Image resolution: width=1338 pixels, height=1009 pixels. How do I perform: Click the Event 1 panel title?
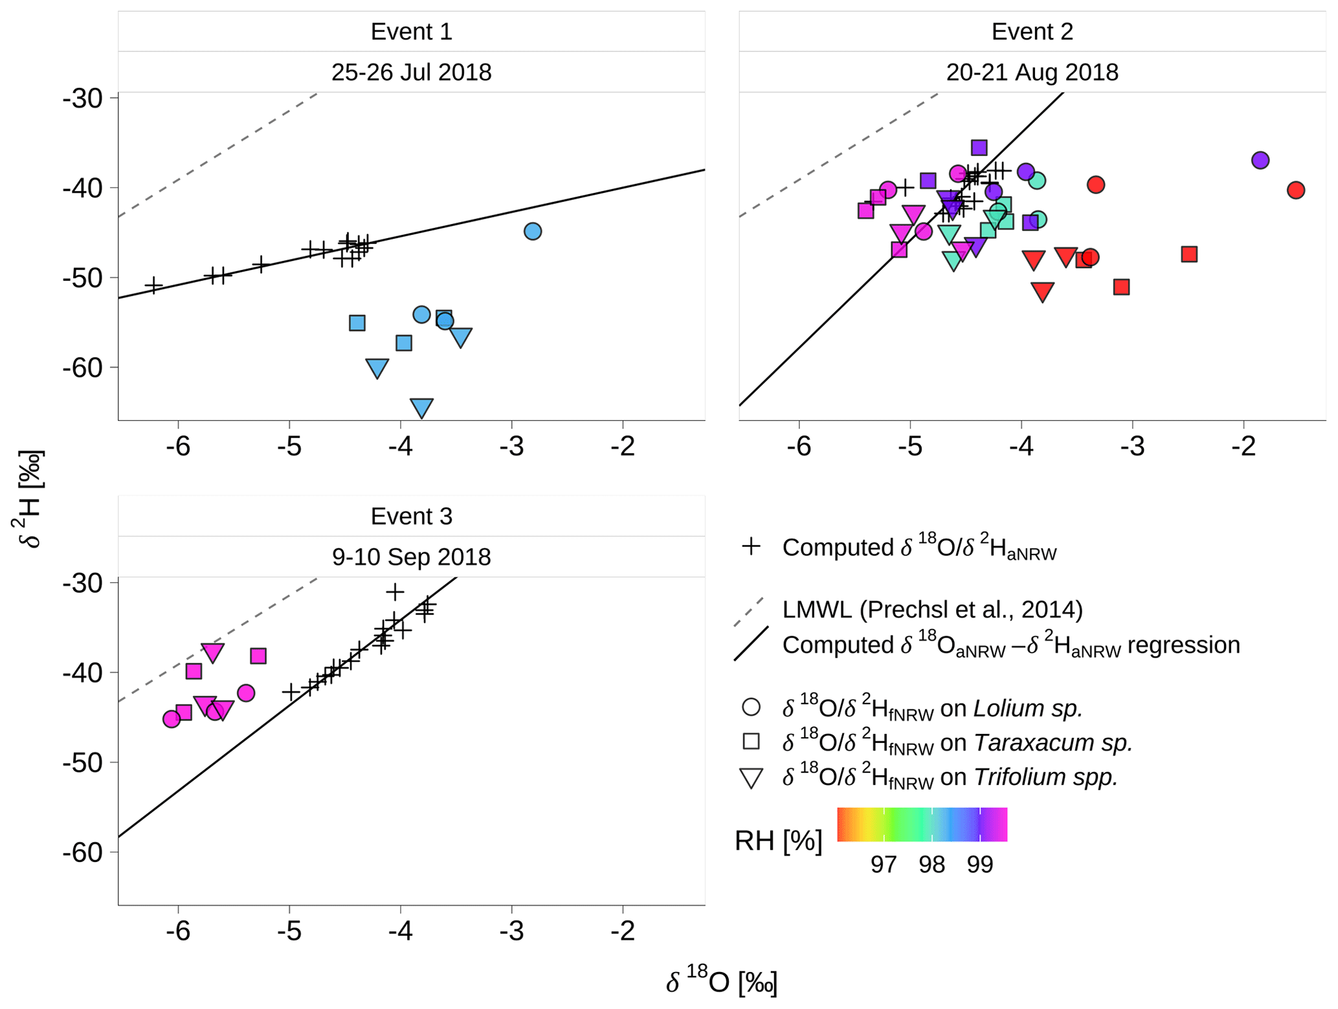pos(411,32)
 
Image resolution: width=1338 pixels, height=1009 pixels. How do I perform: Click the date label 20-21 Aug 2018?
pos(1032,72)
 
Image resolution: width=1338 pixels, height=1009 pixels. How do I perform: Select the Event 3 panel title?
pos(411,516)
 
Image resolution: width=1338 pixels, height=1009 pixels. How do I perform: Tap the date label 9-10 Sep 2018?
pos(411,557)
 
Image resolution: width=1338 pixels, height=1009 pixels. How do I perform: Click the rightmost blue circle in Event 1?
pos(532,231)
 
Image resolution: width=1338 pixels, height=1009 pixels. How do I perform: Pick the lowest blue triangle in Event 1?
pos(421,407)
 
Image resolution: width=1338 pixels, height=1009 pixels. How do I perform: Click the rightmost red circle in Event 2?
pos(1295,190)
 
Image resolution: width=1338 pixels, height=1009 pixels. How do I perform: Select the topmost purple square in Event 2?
pos(979,148)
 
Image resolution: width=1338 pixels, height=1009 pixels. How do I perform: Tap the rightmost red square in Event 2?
pos(1188,254)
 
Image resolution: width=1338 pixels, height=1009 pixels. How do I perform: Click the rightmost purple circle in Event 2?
pos(1260,161)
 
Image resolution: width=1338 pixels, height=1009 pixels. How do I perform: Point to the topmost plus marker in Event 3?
pos(395,592)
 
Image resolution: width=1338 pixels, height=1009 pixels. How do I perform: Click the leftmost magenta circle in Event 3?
pos(171,719)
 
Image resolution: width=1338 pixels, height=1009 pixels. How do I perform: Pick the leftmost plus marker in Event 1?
pos(153,285)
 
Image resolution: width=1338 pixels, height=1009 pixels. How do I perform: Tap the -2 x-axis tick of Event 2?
pos(1243,447)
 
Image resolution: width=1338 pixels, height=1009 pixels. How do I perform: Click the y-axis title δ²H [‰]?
pos(29,499)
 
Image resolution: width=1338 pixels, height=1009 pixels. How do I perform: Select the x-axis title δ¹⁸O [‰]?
pos(721,982)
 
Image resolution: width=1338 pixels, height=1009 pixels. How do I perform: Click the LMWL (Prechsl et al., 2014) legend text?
pos(932,610)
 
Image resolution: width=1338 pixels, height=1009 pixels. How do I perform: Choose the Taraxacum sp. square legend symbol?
pos(751,741)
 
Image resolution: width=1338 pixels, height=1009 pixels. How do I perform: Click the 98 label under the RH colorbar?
pos(931,865)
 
